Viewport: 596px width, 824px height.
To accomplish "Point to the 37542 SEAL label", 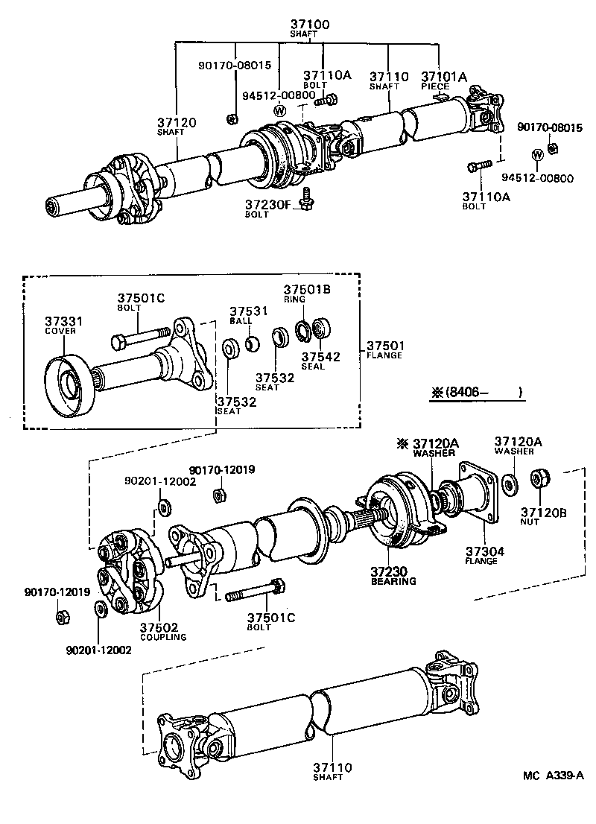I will point(320,361).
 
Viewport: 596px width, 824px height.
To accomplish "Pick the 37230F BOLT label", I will point(266,208).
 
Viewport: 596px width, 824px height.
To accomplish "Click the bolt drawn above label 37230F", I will point(305,197).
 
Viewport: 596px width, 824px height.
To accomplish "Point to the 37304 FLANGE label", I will point(485,556).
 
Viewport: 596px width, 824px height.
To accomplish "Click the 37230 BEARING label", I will point(393,575).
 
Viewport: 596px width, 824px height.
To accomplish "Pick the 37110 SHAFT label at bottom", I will point(332,771).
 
